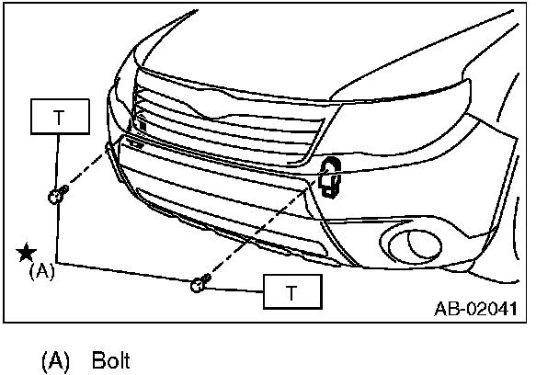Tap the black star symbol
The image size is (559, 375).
point(27,252)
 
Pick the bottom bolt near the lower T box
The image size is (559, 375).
point(200,285)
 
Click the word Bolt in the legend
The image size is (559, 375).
point(111,359)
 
